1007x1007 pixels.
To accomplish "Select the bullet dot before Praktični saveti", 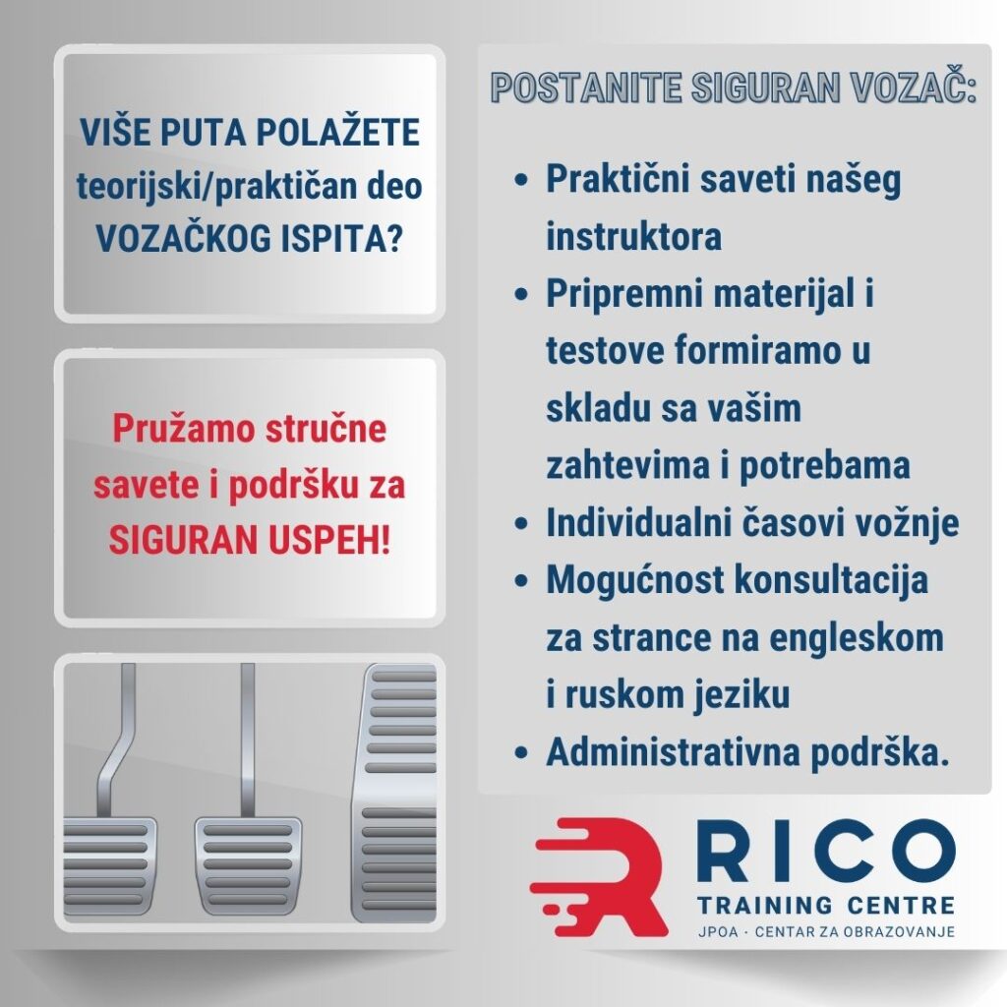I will point(522,183).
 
